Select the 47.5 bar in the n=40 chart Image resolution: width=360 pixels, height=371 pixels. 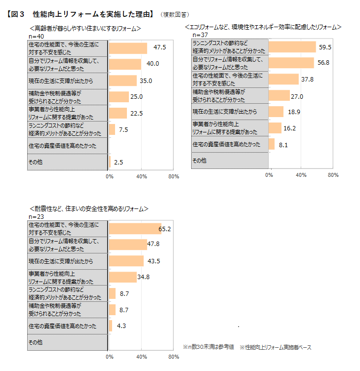pyautogui.click(x=128, y=48)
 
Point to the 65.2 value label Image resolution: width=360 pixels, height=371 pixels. pyautogui.click(x=164, y=229)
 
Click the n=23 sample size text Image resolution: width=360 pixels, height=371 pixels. pyautogui.click(x=37, y=217)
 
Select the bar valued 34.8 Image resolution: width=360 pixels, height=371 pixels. pyautogui.click(x=122, y=277)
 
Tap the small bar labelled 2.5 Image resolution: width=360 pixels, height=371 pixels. pyautogui.click(x=110, y=162)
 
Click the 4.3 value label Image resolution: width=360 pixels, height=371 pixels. pyautogui.click(x=122, y=326)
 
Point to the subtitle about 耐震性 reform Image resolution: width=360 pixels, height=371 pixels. pyautogui.click(x=89, y=209)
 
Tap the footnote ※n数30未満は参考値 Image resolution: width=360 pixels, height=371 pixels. pyautogui.click(x=210, y=347)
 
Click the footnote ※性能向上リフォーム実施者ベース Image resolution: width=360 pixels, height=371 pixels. pyautogui.click(x=276, y=347)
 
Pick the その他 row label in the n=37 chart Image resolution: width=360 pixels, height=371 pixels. pyautogui.click(x=200, y=161)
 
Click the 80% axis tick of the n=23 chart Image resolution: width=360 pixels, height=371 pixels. pyautogui.click(x=173, y=357)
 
